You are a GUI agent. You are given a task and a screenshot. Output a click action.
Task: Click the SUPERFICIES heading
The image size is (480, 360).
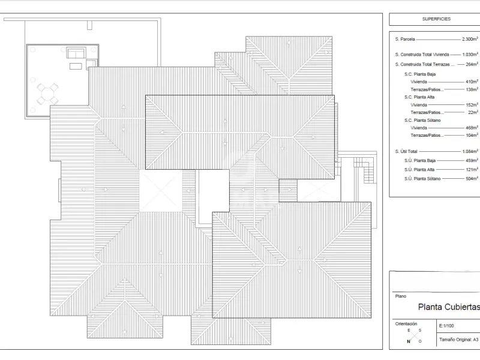[x=436, y=19]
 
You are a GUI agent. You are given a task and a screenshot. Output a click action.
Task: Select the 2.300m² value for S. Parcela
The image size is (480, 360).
[x=470, y=39]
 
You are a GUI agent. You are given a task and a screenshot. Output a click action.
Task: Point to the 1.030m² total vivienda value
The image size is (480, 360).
[x=470, y=54]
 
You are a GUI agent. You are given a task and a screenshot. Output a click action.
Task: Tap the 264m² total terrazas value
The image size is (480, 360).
[x=472, y=64]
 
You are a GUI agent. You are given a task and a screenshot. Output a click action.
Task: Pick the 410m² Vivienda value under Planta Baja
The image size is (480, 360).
[x=472, y=82]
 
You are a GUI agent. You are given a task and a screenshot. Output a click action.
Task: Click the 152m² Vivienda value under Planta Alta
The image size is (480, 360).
[x=472, y=104]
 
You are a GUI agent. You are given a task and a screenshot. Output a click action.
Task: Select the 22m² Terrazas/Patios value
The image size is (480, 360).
[x=473, y=112]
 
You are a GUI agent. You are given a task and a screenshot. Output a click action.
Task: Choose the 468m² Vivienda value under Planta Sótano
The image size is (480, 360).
[x=472, y=128]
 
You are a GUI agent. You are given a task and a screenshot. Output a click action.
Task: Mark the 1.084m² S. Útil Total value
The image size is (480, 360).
[x=470, y=151]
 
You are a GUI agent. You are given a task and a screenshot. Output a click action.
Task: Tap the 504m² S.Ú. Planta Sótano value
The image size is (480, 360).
[x=472, y=178]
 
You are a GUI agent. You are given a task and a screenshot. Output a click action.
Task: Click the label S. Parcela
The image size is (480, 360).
[x=405, y=39]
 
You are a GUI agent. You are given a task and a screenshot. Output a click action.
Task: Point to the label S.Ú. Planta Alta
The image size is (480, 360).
[x=419, y=170]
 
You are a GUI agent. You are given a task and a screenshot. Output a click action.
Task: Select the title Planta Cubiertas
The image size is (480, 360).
[x=449, y=307]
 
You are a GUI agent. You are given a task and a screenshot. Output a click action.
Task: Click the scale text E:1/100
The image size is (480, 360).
[x=446, y=326]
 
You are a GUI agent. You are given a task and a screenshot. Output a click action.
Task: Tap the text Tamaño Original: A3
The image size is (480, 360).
[x=458, y=340]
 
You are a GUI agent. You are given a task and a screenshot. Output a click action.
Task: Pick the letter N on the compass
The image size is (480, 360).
[x=409, y=341]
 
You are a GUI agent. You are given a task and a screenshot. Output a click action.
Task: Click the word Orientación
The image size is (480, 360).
[x=406, y=323]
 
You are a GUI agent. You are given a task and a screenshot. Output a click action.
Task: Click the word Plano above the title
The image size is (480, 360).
[x=401, y=296]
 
